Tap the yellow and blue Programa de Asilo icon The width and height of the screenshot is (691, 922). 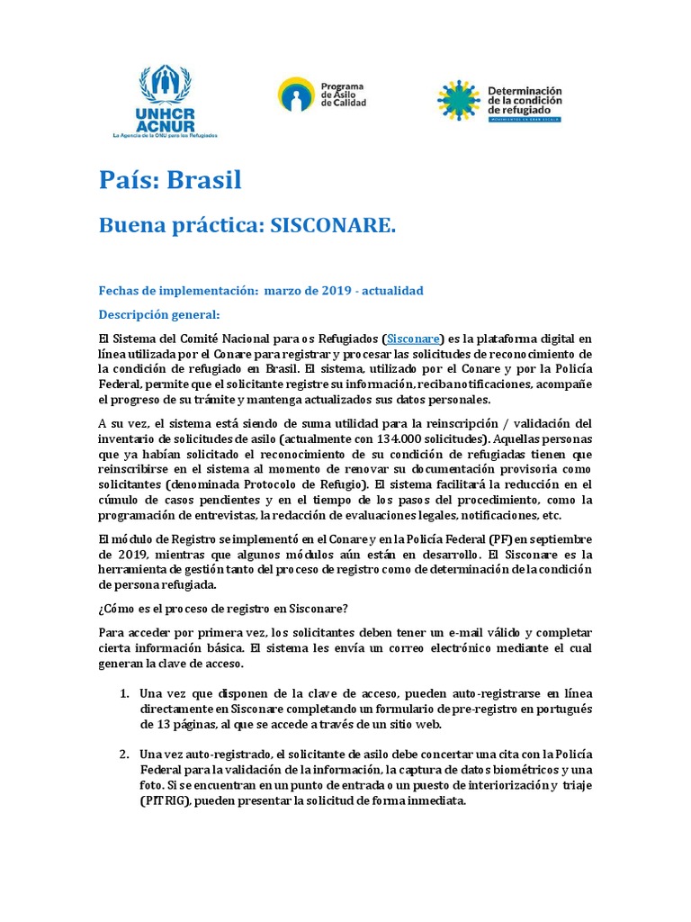295,95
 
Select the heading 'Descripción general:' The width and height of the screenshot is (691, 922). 158,315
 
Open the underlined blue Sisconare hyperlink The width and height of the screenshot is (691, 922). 413,339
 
